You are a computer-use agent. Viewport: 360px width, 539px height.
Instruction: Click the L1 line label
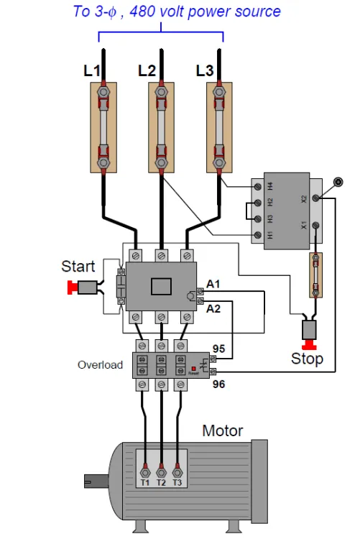(x=92, y=71)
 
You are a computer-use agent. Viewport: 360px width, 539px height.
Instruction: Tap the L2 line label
(x=147, y=71)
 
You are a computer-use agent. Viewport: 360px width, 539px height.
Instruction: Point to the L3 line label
(x=205, y=71)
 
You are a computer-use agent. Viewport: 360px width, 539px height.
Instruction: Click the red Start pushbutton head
(x=72, y=287)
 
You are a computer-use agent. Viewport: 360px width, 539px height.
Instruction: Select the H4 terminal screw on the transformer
(x=257, y=187)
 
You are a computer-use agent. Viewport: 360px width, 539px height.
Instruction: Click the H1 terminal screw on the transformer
(x=257, y=235)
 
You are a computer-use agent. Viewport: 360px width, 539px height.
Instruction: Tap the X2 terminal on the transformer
(x=315, y=198)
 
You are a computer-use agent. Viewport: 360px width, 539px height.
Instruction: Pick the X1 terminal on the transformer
(x=315, y=226)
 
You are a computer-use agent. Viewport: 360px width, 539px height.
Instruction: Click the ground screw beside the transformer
(x=338, y=182)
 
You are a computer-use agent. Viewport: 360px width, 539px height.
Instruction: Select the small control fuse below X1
(x=315, y=275)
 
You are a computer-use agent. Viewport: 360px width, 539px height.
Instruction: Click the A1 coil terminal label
(x=213, y=285)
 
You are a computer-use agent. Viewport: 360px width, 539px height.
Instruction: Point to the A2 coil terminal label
(x=213, y=309)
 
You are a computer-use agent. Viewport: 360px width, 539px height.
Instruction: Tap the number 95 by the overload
(x=218, y=349)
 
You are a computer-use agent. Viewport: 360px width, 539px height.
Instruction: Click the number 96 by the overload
(x=218, y=384)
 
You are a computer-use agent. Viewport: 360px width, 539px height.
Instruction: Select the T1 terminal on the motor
(x=145, y=473)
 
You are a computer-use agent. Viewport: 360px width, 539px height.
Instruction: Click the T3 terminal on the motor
(x=177, y=473)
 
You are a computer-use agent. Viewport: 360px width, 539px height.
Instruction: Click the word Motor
(x=223, y=430)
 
